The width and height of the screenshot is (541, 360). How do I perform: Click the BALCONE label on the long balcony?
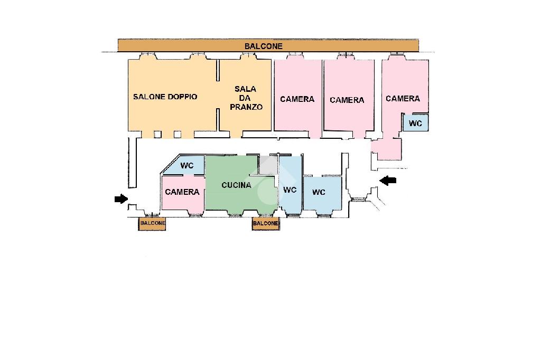(x=263, y=46)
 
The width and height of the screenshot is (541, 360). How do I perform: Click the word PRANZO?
(x=246, y=107)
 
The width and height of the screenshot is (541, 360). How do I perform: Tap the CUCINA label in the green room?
(x=236, y=185)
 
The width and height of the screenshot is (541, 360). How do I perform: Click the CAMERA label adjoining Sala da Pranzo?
(x=297, y=99)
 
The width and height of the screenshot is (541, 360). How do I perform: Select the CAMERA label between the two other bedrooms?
(x=347, y=100)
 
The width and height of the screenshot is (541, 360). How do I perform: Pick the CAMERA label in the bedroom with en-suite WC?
(x=403, y=99)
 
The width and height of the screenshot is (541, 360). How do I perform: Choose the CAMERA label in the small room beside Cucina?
(x=182, y=192)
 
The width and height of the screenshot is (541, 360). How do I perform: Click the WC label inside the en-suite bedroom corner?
(x=416, y=124)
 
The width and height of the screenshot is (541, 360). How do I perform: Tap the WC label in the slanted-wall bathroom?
(x=187, y=166)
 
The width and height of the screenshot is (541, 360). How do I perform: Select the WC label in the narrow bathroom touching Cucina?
(x=290, y=190)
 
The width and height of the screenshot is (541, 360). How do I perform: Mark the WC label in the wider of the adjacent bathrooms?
(x=319, y=192)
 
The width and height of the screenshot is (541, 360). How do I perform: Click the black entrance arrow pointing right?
(x=121, y=199)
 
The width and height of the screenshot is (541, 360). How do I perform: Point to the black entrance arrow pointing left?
(x=388, y=181)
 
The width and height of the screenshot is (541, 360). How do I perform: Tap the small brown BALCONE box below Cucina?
(x=265, y=224)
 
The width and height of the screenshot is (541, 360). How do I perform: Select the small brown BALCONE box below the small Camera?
(x=152, y=224)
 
